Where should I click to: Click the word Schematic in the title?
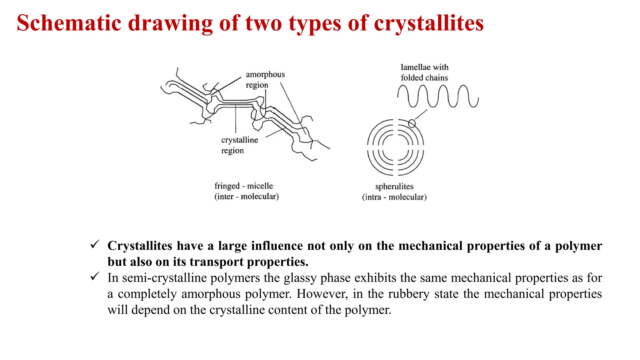pos(69,23)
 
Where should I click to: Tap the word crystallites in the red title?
pos(429,23)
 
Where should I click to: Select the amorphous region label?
pos(265,80)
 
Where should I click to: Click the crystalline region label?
pos(239,145)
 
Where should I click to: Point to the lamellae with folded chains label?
pos(424,72)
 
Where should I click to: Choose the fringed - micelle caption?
pos(243,186)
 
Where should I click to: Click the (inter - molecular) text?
pos(246,197)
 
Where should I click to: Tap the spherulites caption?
pos(394,187)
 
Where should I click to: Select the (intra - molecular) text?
pos(394,197)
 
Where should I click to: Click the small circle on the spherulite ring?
pos(412,124)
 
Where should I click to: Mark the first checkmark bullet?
pos(95,244)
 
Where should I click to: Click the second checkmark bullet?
pos(95,276)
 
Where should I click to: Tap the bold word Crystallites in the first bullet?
pos(140,246)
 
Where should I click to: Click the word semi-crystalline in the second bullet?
pos(164,278)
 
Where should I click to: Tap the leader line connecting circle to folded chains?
pos(421,115)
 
